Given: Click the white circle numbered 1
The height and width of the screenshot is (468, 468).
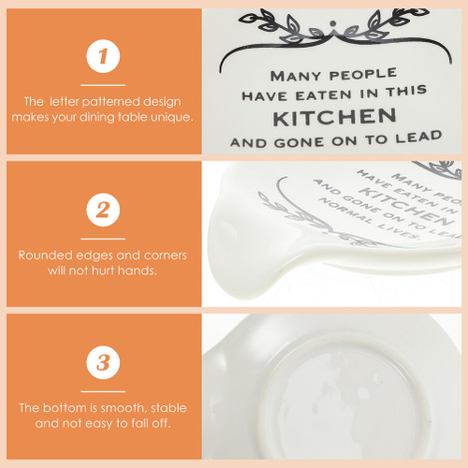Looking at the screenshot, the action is click(103, 56).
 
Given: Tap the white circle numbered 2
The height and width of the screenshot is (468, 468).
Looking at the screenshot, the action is click(103, 210).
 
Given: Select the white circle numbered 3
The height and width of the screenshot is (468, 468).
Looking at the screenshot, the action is click(103, 362).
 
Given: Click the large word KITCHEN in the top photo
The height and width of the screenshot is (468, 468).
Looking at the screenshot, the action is click(334, 117).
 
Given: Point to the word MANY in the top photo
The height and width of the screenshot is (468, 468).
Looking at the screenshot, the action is click(296, 76).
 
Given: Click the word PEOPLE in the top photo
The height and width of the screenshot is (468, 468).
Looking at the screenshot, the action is click(363, 74).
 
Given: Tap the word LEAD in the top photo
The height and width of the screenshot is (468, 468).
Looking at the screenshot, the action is click(419, 138).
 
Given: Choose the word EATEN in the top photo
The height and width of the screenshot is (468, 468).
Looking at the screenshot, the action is click(324, 95).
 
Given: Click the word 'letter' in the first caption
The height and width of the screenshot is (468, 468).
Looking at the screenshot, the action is click(65, 102).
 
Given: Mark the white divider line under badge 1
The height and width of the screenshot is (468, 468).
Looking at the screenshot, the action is click(103, 85).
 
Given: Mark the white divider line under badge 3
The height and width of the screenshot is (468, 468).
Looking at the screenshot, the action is click(103, 391).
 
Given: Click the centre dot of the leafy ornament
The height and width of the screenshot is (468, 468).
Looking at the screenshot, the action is click(333, 23).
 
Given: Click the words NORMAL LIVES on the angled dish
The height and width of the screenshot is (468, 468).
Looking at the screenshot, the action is click(369, 218).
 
